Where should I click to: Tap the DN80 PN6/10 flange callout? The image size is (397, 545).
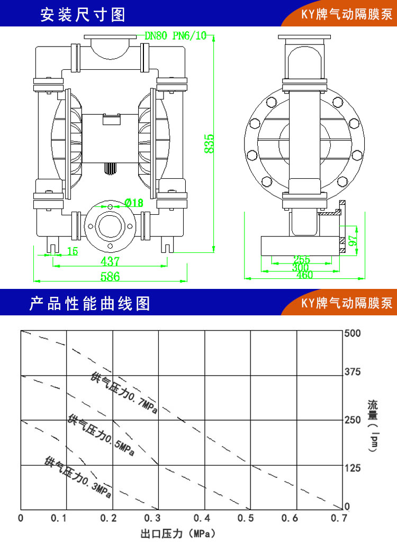(175, 36)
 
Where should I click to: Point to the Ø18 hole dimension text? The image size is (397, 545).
(134, 202)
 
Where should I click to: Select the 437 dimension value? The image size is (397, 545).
(110, 261)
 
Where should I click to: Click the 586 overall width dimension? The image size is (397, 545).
(110, 276)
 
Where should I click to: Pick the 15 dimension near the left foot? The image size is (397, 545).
(72, 251)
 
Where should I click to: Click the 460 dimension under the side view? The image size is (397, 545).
(305, 275)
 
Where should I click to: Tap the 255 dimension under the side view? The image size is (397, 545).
(301, 259)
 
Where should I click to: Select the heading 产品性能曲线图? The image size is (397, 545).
(89, 304)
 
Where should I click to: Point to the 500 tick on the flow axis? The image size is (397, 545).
(352, 333)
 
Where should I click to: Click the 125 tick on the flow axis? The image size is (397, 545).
(352, 468)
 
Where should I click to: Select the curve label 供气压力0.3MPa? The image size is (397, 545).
(78, 476)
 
